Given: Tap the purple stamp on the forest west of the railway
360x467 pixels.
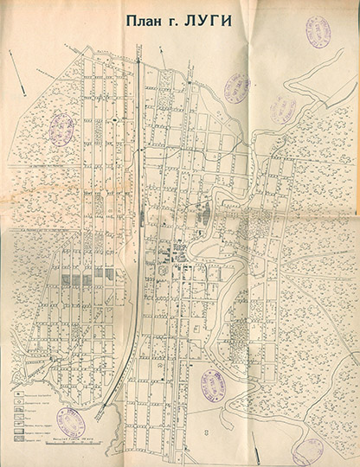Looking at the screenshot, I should click(x=61, y=129).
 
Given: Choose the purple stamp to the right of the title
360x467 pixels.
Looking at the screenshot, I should click(x=317, y=32).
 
